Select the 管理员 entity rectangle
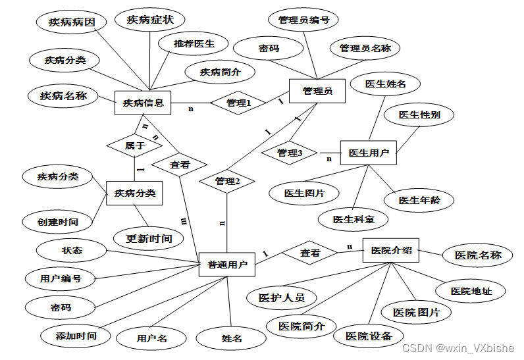tap(317, 91)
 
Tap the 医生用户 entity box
tap(368, 153)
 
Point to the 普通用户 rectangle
tap(227, 265)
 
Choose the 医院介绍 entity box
tap(391, 250)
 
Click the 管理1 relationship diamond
tap(238, 103)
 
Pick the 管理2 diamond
tap(227, 181)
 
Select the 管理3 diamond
tap(290, 153)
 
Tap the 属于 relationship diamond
tap(134, 145)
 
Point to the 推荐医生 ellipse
tap(194, 44)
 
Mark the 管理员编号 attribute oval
tap(303, 20)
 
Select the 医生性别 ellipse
tap(419, 115)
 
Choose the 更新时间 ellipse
tap(148, 238)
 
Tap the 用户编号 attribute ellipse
tap(60, 278)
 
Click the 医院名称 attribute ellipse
tap(478, 255)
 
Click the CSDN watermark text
tap(458, 349)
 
